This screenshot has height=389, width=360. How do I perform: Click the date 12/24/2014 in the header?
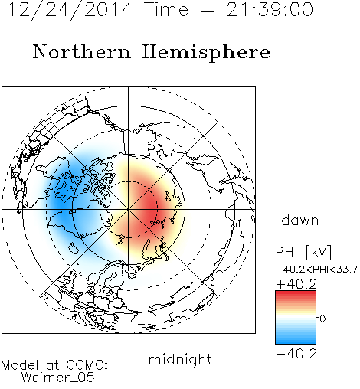point(70,10)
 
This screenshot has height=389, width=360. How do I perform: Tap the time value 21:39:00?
point(270,9)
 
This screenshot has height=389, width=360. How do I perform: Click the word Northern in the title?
point(82,52)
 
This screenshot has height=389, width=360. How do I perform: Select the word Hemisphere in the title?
point(206,53)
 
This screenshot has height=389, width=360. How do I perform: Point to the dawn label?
point(300,220)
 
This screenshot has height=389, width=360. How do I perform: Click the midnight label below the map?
point(180,359)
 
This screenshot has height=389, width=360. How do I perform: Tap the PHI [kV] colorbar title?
point(303,252)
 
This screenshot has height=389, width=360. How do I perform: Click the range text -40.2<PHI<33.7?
point(316,270)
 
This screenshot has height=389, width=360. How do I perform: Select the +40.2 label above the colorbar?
point(296,284)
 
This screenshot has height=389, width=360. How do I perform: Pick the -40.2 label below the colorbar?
point(296,354)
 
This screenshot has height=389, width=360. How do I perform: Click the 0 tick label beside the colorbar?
point(322,319)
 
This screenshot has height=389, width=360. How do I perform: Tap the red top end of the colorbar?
point(296,293)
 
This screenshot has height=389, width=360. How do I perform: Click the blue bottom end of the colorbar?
point(296,342)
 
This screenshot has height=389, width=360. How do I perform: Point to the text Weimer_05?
point(58,377)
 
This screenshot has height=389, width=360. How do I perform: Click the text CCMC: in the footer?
point(87,365)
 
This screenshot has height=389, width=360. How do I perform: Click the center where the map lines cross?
point(129,210)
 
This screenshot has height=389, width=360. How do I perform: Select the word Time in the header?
point(166,9)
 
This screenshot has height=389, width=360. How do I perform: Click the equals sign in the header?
point(208,10)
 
